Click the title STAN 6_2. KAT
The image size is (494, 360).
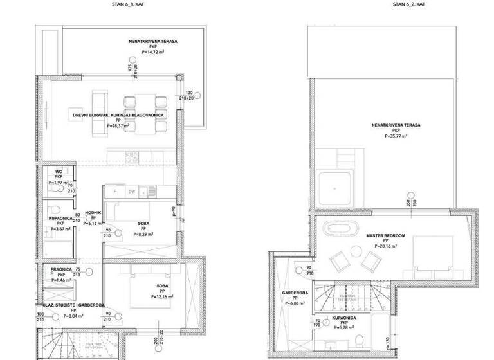coord(408,4)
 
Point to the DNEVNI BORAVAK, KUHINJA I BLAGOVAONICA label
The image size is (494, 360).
coord(118,114)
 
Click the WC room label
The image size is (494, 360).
coord(59,172)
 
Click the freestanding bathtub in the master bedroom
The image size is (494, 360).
coord(337,228)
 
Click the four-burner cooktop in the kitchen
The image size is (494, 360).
coord(133,155)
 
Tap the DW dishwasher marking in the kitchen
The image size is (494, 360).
coord(131,191)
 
